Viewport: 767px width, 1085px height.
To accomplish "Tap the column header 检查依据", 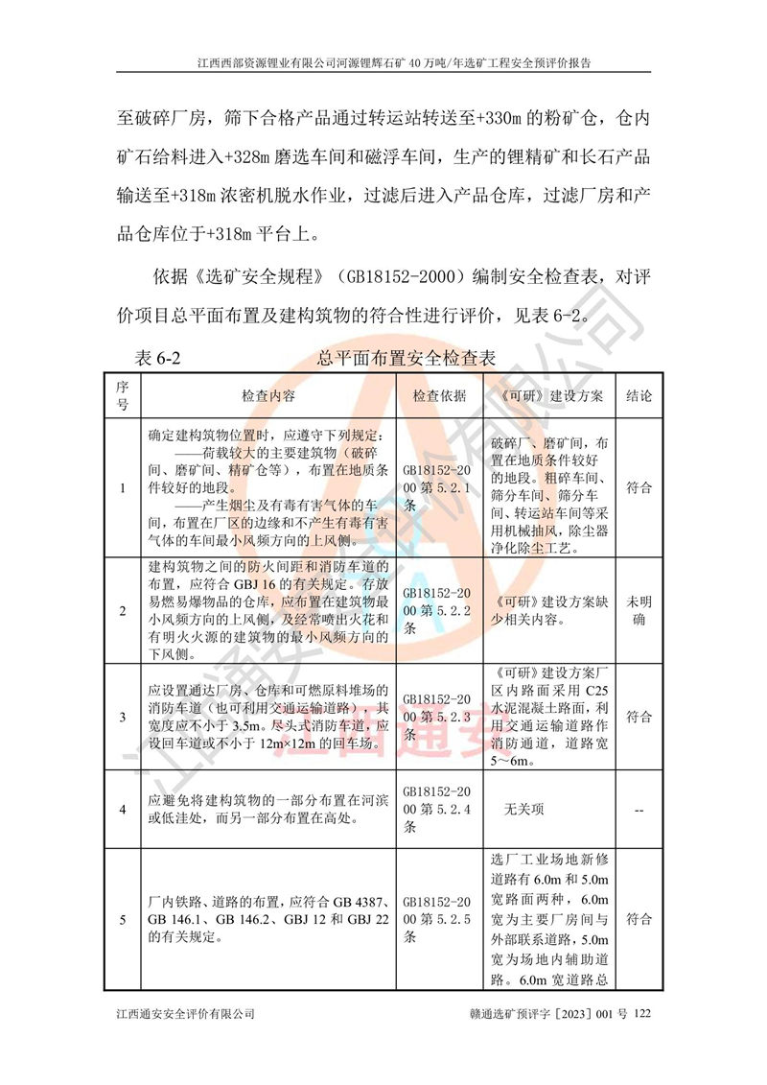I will click(x=439, y=395).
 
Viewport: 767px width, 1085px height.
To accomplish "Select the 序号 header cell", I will click(x=123, y=395).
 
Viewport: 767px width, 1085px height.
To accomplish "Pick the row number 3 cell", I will click(x=123, y=717).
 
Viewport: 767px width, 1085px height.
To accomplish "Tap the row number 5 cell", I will click(x=123, y=920).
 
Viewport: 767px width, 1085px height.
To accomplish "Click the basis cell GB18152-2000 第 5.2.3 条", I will click(x=437, y=717).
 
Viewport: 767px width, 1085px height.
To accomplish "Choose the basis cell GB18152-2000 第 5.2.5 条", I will click(x=437, y=920).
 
